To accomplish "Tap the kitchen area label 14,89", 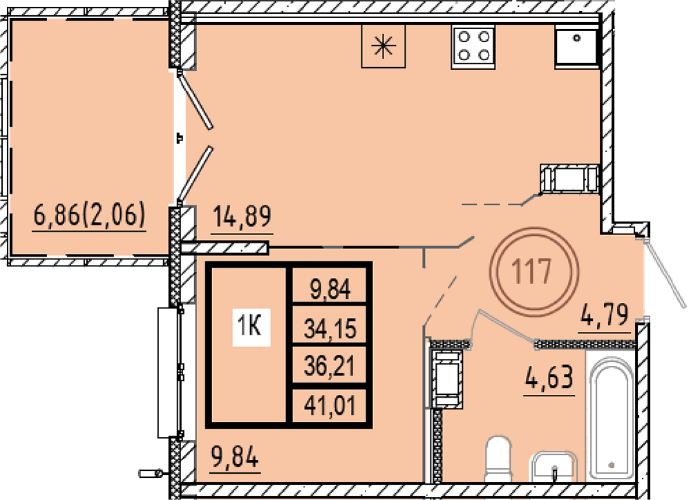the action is tap(242, 216).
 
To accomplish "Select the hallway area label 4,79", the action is tap(605, 315).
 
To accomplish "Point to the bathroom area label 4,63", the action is tap(549, 378).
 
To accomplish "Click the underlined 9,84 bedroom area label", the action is tap(234, 456).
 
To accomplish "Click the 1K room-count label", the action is tap(250, 327).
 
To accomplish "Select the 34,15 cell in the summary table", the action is tap(330, 329).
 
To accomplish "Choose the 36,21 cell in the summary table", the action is tap(330, 367).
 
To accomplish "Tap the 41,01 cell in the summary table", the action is tap(330, 406).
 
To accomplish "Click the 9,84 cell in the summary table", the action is tap(330, 290).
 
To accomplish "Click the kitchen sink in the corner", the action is tap(576, 47).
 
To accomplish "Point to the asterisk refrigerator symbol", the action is tap(383, 46).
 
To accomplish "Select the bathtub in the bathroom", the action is tap(611, 418).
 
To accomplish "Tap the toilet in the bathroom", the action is tap(498, 459).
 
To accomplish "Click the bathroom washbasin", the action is tap(554, 467).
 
